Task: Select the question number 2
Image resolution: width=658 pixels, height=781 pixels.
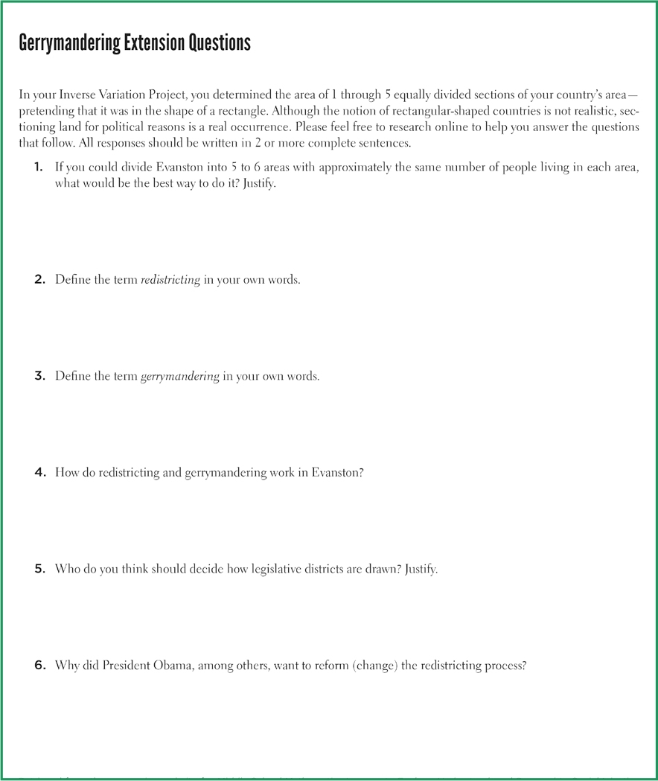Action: [39, 280]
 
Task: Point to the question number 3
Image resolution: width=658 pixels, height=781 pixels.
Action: [39, 376]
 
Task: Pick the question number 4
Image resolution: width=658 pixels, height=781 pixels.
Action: [39, 473]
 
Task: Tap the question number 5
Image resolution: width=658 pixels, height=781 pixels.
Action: [39, 569]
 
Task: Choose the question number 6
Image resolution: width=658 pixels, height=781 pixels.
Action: [39, 665]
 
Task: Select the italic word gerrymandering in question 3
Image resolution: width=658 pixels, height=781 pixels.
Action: [180, 377]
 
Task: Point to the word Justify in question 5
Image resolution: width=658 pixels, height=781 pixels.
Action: [421, 569]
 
